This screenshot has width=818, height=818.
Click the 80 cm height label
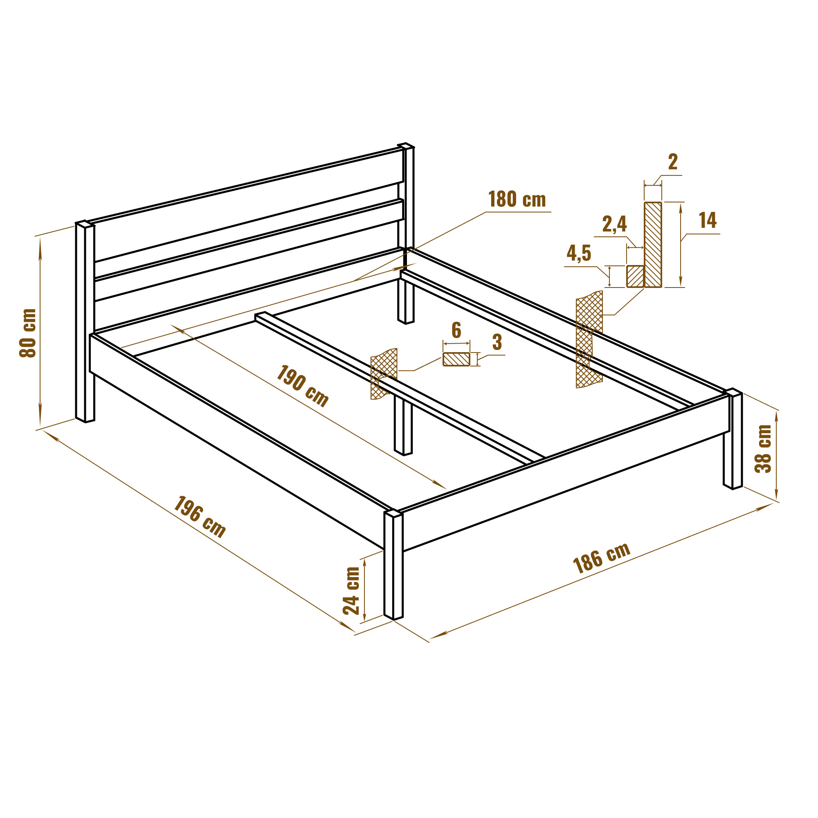28,333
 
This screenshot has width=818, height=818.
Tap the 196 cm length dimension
200,517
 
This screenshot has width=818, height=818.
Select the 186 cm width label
601,558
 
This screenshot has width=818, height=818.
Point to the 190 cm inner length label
302,386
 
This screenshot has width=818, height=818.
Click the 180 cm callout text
517,200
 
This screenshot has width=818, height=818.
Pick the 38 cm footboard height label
763,448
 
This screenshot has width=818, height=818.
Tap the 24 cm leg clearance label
351,591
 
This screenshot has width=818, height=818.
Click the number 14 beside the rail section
708,220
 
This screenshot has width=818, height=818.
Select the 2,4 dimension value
614,224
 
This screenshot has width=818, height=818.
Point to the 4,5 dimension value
579,253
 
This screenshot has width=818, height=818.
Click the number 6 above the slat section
456,330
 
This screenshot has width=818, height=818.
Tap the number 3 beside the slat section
497,342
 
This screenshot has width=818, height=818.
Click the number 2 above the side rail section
673,162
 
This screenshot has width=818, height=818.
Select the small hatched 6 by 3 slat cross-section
456,359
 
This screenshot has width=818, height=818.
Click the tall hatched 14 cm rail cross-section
653,245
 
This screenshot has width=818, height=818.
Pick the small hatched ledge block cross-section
635,276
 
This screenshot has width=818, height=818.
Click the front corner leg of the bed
394,565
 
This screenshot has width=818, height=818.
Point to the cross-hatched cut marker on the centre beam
384,373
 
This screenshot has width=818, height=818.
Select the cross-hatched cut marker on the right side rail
589,339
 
